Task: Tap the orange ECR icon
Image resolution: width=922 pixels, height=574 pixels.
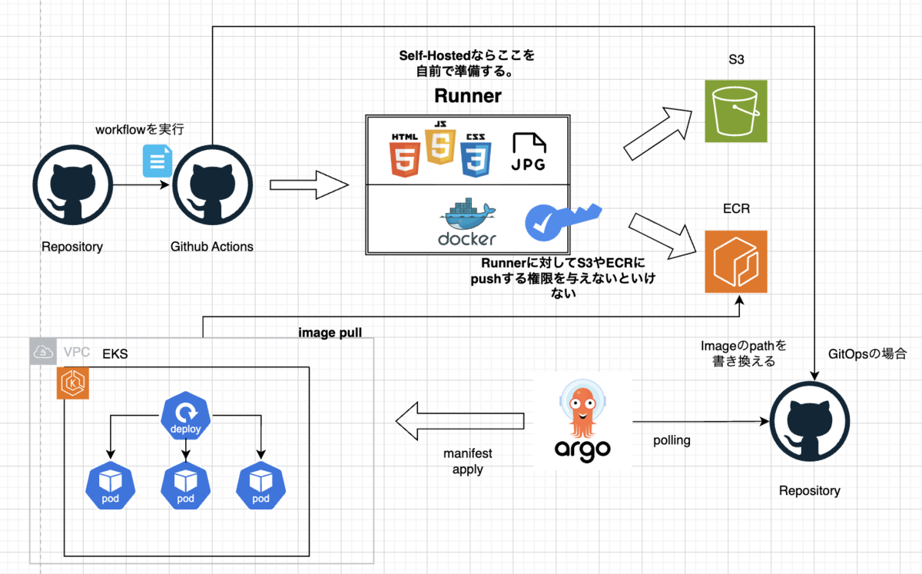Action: (x=736, y=261)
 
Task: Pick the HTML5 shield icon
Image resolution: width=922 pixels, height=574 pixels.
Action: (x=405, y=154)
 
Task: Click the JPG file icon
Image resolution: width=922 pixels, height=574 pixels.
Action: (x=529, y=151)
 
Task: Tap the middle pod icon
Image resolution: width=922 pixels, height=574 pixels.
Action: (x=185, y=486)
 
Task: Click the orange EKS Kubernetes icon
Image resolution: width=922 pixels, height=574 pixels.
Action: (x=74, y=383)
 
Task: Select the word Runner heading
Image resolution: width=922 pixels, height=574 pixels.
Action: (x=467, y=96)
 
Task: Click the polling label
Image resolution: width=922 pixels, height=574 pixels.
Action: (x=672, y=441)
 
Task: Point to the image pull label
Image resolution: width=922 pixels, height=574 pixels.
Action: (x=330, y=333)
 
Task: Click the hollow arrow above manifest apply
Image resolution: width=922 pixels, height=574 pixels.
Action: (x=459, y=421)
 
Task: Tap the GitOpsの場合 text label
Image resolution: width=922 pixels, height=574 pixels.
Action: (x=867, y=355)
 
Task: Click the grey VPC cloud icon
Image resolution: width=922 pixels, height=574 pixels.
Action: (x=44, y=352)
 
